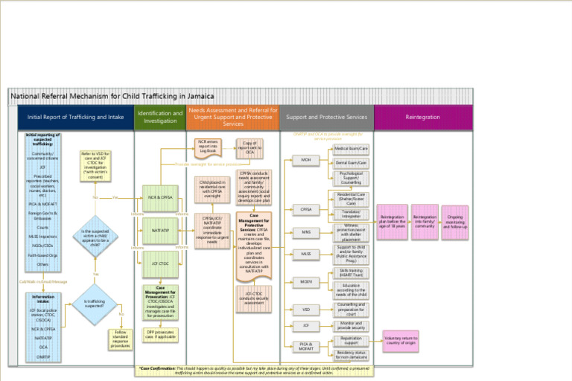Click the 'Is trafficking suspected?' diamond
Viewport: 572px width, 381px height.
tap(95, 305)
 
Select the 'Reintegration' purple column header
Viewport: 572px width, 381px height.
tap(422, 117)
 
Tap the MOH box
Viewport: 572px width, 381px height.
tap(305, 160)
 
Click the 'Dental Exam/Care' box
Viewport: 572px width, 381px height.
tap(351, 162)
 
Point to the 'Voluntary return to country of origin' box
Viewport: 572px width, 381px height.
tap(400, 342)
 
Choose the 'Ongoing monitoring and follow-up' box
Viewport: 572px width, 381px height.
tap(454, 222)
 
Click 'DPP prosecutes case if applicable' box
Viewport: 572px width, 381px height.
tap(159, 334)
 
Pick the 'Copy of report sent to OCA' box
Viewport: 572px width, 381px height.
tap(250, 148)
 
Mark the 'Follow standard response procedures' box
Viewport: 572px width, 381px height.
tap(121, 339)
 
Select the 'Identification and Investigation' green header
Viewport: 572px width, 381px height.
tap(159, 117)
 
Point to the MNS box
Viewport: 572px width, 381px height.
tap(305, 232)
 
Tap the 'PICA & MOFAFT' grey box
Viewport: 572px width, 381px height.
tap(305, 347)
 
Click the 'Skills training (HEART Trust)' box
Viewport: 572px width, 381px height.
tap(351, 272)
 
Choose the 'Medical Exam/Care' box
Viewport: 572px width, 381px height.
tap(351, 149)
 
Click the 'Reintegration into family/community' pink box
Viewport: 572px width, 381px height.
tap(425, 221)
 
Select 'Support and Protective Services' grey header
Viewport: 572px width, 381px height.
tap(326, 117)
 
